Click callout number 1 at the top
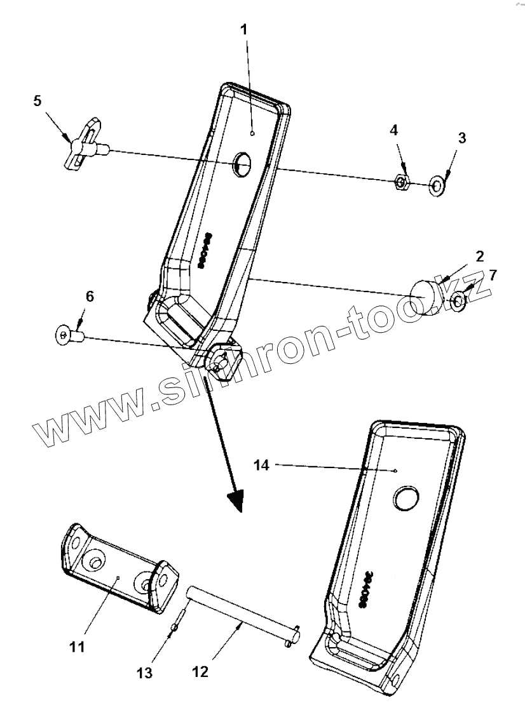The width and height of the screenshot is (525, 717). [x=245, y=30]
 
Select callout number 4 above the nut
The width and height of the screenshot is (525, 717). [x=394, y=130]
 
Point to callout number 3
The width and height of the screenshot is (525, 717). [x=462, y=138]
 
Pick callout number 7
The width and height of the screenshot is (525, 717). [x=493, y=274]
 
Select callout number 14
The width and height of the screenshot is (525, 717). [x=262, y=466]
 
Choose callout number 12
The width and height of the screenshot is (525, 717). [x=200, y=671]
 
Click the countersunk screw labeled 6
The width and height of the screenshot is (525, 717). [x=66, y=333]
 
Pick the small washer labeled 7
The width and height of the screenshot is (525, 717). [x=457, y=300]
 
